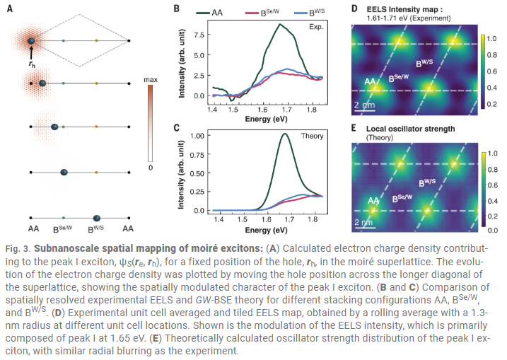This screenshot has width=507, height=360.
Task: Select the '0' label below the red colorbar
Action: (150, 168)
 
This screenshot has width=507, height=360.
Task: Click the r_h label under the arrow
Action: (32, 64)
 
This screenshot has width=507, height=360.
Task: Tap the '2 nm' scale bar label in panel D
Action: (363, 104)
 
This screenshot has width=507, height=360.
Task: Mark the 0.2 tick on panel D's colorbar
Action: (494, 104)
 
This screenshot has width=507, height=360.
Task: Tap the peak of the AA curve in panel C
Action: (285, 135)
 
